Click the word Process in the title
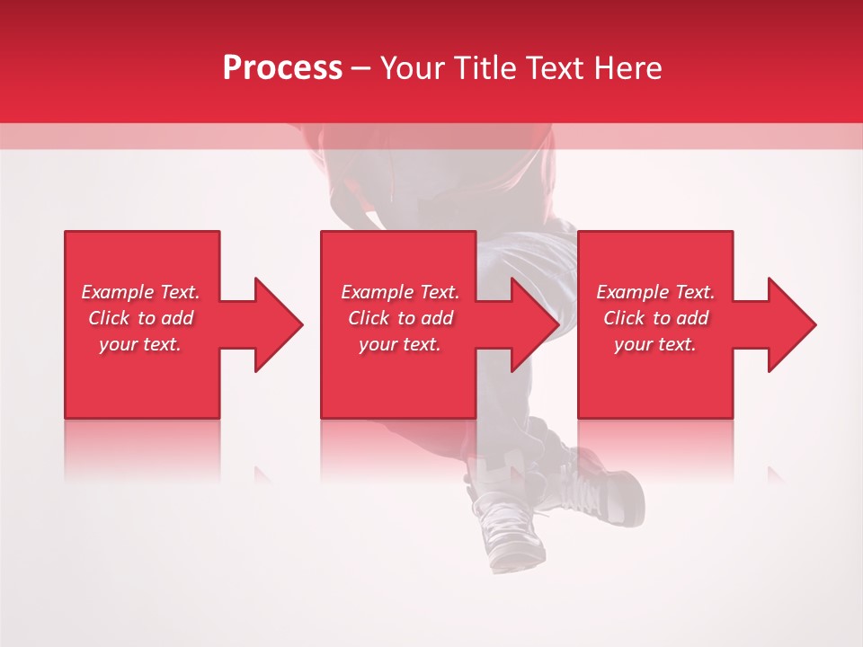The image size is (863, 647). (282, 68)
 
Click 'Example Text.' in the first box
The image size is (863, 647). (140, 292)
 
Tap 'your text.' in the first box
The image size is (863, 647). (140, 344)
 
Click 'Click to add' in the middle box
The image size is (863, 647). (400, 318)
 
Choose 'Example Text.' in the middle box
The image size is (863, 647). (400, 292)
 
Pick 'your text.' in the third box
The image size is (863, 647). (655, 344)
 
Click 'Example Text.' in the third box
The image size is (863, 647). (655, 292)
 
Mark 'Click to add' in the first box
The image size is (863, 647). (140, 318)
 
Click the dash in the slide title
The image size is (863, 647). (361, 69)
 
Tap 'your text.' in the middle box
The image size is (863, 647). (400, 344)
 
